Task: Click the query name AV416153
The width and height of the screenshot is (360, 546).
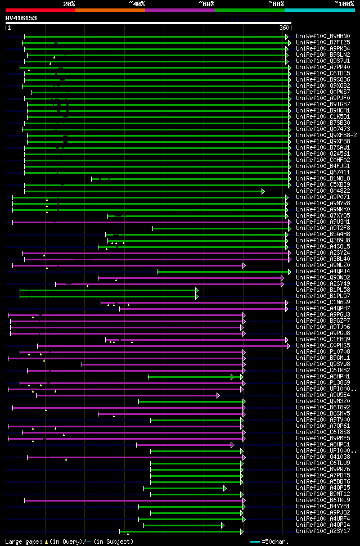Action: (21, 18)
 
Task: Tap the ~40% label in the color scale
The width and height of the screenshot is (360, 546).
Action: (137, 3)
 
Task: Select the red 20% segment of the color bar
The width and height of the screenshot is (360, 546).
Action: (40, 10)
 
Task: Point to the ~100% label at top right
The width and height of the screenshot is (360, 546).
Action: (344, 3)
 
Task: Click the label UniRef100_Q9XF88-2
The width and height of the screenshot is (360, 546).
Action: (326, 135)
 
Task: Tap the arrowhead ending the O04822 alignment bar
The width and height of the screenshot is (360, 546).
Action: (263, 191)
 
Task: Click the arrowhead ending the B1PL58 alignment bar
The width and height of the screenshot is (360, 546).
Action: (197, 290)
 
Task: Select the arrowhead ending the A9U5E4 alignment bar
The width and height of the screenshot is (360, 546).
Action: (218, 395)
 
